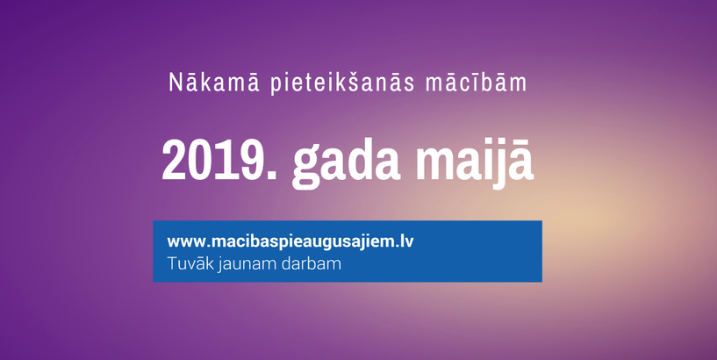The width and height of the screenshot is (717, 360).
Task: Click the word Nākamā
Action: tap(198, 84)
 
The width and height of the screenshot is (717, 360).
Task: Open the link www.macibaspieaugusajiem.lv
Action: tap(290, 241)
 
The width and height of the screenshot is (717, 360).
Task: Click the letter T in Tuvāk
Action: tap(171, 262)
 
